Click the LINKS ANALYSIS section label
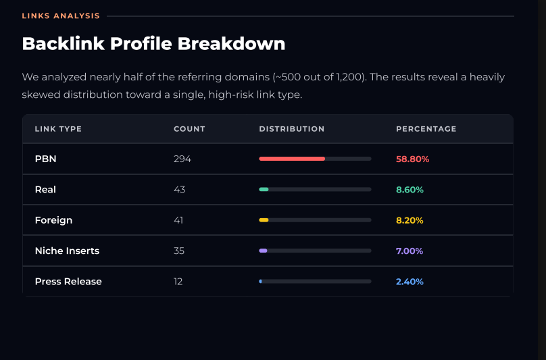[61, 16]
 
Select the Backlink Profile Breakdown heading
[153, 44]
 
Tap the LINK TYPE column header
[58, 129]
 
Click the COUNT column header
[189, 129]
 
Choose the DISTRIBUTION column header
[292, 129]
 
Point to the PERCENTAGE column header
[426, 129]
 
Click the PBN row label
[46, 159]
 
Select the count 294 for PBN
[182, 159]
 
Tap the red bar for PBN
[292, 159]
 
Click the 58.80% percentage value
[413, 159]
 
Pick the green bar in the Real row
[264, 189]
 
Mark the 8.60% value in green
[410, 190]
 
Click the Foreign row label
[53, 220]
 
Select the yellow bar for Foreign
[264, 220]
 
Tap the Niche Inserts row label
[67, 251]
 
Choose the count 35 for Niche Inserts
[179, 251]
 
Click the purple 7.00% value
[409, 251]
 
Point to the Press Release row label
[68, 282]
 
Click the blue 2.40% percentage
[410, 282]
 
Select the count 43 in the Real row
[179, 189]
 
